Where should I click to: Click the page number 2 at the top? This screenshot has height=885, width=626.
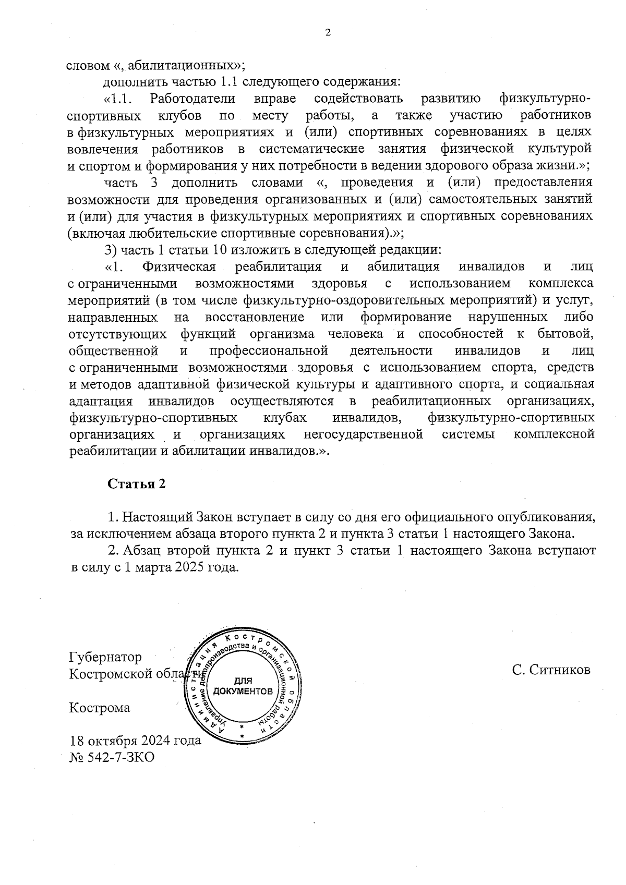(x=328, y=33)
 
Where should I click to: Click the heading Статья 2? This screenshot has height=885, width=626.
(x=136, y=483)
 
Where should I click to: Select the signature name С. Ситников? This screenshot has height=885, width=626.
(x=551, y=670)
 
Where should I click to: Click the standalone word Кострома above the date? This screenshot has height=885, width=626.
(x=100, y=708)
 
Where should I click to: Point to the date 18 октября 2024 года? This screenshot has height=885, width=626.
(x=135, y=741)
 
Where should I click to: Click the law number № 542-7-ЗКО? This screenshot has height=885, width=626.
(x=112, y=757)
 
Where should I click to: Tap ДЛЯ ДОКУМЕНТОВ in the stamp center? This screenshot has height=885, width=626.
(x=243, y=687)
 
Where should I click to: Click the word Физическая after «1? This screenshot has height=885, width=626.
(x=179, y=267)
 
